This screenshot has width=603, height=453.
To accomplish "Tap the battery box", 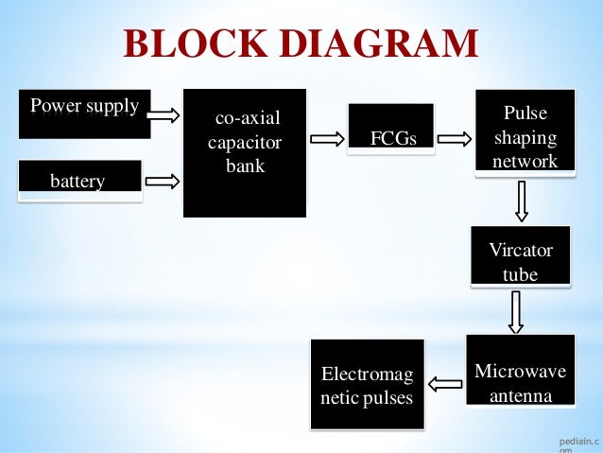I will click(x=78, y=180).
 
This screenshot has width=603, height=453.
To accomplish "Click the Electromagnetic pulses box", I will click(x=367, y=386).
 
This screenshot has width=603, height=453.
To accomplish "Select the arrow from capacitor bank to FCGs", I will click(x=327, y=140).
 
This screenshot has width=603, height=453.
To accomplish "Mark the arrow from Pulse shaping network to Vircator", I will click(x=522, y=200).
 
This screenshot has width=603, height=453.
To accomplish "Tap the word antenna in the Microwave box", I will click(x=521, y=396).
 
